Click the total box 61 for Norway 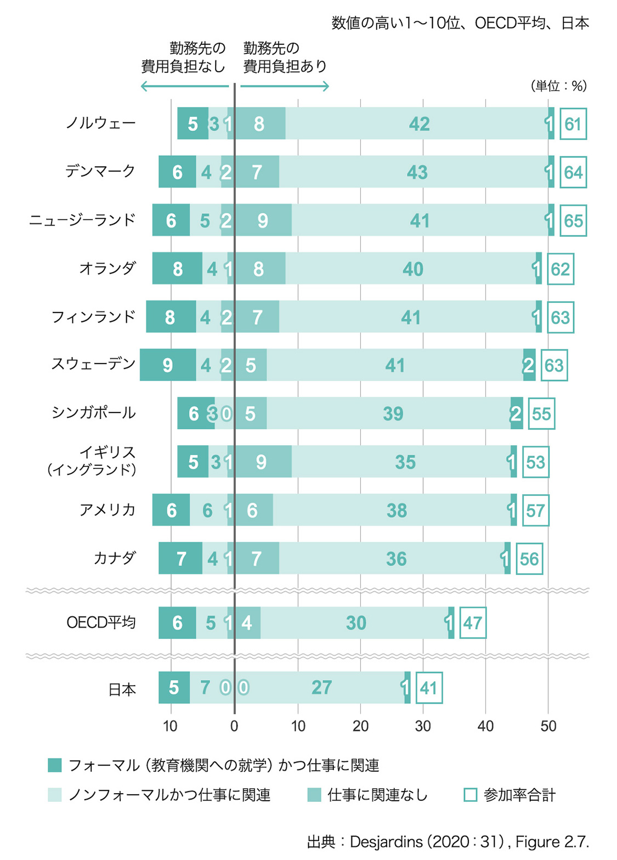click(573, 124)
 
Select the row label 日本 click(122, 689)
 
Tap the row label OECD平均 click(101, 623)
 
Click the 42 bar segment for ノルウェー click(419, 124)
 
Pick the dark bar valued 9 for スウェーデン click(168, 365)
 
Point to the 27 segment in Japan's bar click(322, 687)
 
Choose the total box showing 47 click(473, 623)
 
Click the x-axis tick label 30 click(423, 726)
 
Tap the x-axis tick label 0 click(234, 726)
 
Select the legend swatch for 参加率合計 click(470, 795)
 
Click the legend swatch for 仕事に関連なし click(314, 795)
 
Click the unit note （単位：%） click(558, 86)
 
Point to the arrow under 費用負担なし click(184, 86)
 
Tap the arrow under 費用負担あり click(285, 86)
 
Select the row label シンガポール click(93, 412)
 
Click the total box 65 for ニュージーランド click(573, 220)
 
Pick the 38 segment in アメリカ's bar click(397, 511)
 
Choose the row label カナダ click(114, 558)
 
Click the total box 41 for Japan click(429, 688)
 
